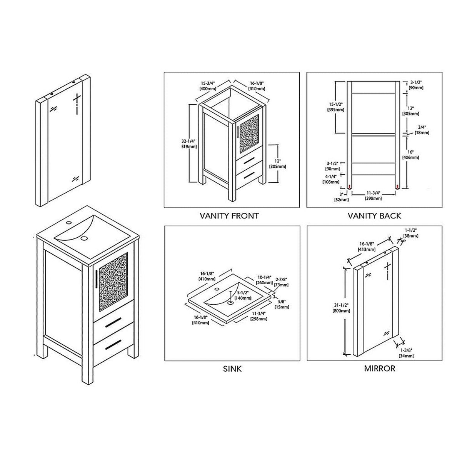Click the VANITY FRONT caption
pos(229,216)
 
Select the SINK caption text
pos(232,369)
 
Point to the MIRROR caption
pos(379,369)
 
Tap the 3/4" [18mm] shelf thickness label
pos(422,130)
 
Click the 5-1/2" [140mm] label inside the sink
pos(243,295)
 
